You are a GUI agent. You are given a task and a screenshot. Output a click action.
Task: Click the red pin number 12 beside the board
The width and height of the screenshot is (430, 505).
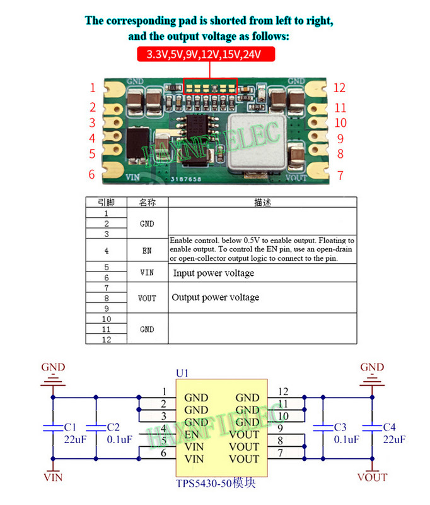pyautogui.click(x=340, y=88)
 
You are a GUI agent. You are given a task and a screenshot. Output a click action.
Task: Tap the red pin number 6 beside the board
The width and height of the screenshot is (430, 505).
pyautogui.click(x=92, y=175)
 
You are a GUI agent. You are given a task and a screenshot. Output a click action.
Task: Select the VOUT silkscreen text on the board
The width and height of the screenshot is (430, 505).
pyautogui.click(x=296, y=178)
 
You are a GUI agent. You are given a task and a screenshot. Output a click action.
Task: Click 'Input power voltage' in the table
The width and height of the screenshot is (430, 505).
pyautogui.click(x=213, y=273)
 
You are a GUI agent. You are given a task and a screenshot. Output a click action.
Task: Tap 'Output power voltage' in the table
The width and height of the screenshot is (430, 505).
pyautogui.click(x=215, y=297)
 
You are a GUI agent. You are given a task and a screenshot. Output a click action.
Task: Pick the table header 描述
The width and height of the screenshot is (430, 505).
pyautogui.click(x=262, y=203)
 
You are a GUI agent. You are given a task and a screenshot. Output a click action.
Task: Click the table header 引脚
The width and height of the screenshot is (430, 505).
pyautogui.click(x=106, y=203)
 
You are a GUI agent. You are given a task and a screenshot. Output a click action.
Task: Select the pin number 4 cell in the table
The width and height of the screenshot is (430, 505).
pyautogui.click(x=106, y=251)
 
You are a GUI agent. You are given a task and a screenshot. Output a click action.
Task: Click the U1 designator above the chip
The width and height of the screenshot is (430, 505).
pyautogui.click(x=182, y=374)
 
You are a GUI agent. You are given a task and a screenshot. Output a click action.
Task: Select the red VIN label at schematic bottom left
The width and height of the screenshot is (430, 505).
pyautogui.click(x=53, y=477)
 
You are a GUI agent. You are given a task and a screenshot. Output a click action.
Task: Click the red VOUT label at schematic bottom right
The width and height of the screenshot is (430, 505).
pyautogui.click(x=372, y=477)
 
